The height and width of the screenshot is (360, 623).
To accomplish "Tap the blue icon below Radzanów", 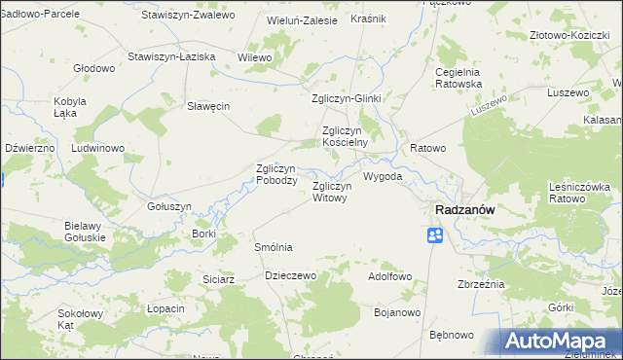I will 435,235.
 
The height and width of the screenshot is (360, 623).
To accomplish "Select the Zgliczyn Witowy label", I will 329,192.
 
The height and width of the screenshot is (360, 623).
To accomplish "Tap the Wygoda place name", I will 383,178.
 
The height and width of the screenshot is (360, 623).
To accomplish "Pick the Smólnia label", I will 273,247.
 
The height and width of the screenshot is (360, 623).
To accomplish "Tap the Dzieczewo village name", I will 291,275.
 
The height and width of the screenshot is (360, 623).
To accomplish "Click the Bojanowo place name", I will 396,312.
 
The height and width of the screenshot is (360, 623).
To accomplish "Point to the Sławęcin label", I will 208,107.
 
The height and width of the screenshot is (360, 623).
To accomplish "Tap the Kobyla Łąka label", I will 71,108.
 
